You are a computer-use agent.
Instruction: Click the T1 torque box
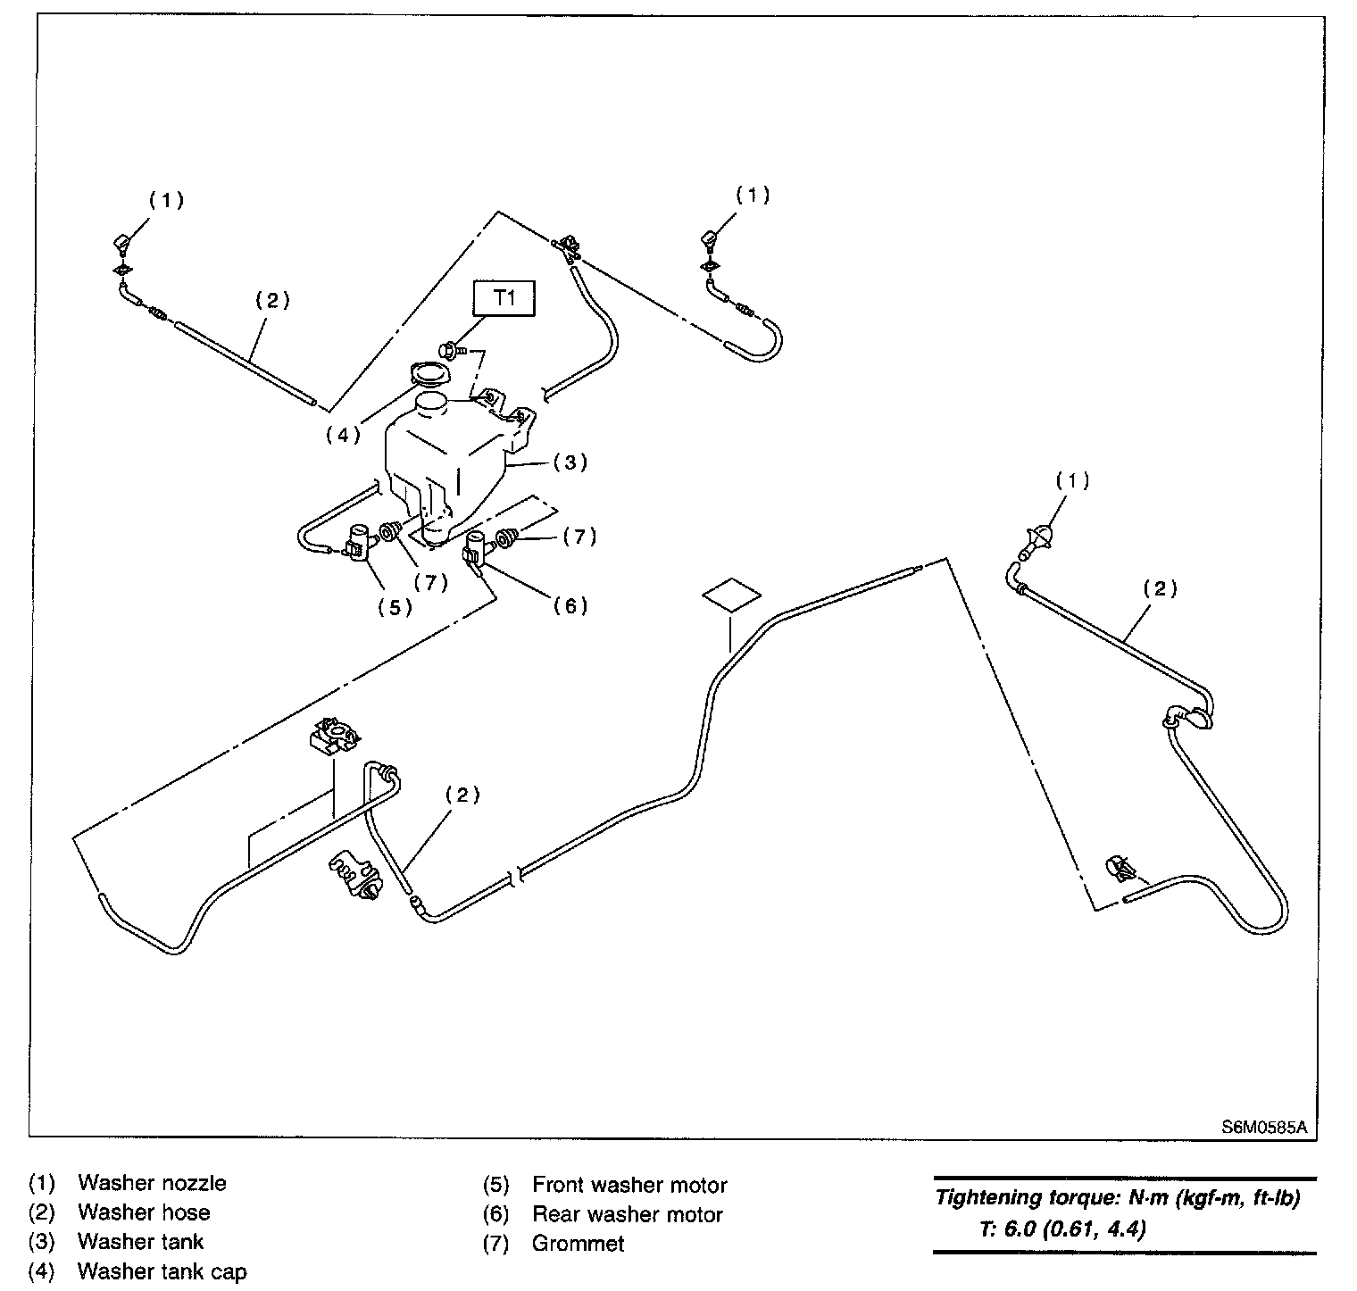point(505,298)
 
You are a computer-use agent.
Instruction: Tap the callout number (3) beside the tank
point(570,462)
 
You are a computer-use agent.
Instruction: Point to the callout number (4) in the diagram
point(342,436)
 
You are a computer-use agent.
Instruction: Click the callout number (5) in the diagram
point(395,607)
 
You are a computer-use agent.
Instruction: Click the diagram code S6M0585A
point(1264,1126)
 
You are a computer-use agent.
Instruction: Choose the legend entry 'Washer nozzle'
point(152,1183)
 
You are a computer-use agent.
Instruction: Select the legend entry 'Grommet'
point(578,1243)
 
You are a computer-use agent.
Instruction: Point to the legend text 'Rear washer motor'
point(627,1214)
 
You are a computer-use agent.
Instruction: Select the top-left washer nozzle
point(122,245)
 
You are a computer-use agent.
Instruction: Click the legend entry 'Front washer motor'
point(629,1185)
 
